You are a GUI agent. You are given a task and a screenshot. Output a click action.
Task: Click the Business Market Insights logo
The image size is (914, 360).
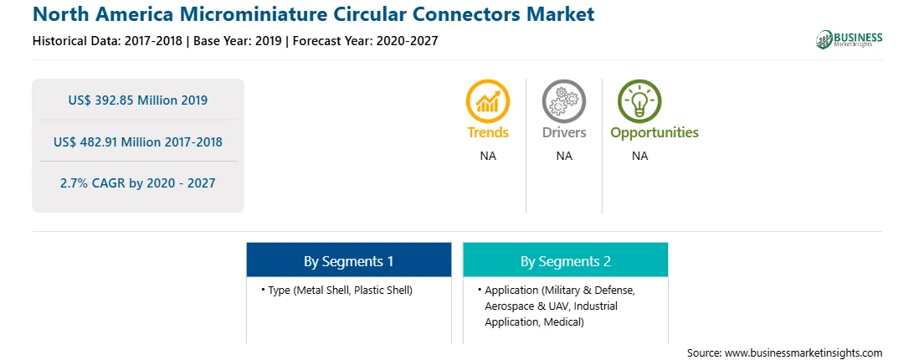pyautogui.click(x=849, y=39)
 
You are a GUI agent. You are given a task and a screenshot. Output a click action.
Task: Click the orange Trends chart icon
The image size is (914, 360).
pyautogui.click(x=488, y=101)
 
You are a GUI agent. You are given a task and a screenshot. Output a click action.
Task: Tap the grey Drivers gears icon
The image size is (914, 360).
pyautogui.click(x=563, y=101)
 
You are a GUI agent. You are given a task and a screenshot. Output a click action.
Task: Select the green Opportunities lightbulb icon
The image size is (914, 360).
pyautogui.click(x=639, y=101)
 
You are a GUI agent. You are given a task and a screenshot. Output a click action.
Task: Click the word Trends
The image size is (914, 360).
pyautogui.click(x=488, y=132)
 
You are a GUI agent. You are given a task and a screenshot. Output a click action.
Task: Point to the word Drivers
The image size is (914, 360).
pyautogui.click(x=563, y=132)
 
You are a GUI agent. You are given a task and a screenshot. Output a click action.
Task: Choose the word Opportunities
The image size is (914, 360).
pyautogui.click(x=654, y=133)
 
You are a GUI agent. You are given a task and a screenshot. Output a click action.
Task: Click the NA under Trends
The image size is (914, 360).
pyautogui.click(x=488, y=156)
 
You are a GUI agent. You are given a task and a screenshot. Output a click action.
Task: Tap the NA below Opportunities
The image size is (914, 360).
pyautogui.click(x=639, y=156)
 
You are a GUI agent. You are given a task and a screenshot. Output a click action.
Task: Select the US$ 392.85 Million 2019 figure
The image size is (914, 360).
pyautogui.click(x=137, y=100)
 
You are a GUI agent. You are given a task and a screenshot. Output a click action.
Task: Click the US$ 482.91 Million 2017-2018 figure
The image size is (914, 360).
pyautogui.click(x=137, y=141)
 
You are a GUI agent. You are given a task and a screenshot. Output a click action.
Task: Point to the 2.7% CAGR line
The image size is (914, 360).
pyautogui.click(x=137, y=183)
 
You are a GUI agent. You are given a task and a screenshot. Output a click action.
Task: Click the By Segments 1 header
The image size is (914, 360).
pyautogui.click(x=348, y=261)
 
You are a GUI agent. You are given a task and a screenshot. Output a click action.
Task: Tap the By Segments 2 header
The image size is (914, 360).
pyautogui.click(x=566, y=261)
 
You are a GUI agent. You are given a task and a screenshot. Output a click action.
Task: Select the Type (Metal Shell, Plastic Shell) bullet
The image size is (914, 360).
pyautogui.click(x=337, y=290)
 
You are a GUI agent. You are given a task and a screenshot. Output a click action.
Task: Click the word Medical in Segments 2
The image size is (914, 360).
pyautogui.click(x=563, y=321)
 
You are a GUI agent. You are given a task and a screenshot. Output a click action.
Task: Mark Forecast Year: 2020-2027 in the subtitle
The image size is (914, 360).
pyautogui.click(x=365, y=41)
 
